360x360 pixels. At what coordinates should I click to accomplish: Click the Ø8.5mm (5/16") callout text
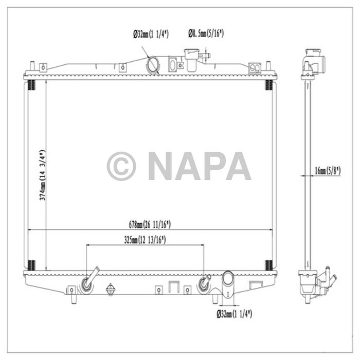point(205,34)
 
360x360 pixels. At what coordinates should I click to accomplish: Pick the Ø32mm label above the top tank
point(151,34)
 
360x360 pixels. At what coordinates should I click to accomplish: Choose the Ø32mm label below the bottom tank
point(234,313)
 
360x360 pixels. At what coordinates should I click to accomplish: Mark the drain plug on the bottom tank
point(109,291)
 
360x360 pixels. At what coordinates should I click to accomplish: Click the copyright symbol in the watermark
point(121,166)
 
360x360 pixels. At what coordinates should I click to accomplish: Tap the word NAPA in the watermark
point(200,166)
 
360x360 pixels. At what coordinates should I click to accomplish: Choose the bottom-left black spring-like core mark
point(31,265)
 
